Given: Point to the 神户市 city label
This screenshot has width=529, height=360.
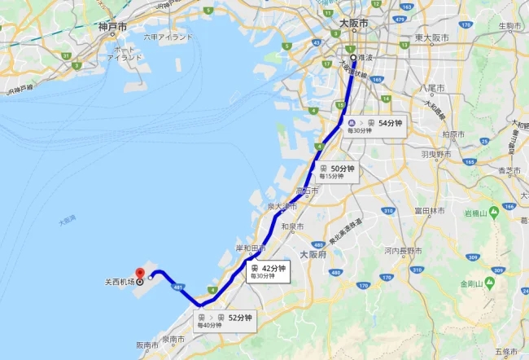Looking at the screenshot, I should [112, 27].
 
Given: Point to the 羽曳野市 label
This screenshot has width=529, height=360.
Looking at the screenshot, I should [436, 153].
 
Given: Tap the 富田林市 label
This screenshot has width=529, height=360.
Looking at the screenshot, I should [430, 210].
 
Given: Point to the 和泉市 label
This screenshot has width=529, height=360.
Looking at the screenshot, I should [291, 226].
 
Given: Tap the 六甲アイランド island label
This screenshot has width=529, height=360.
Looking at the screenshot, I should [168, 37].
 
